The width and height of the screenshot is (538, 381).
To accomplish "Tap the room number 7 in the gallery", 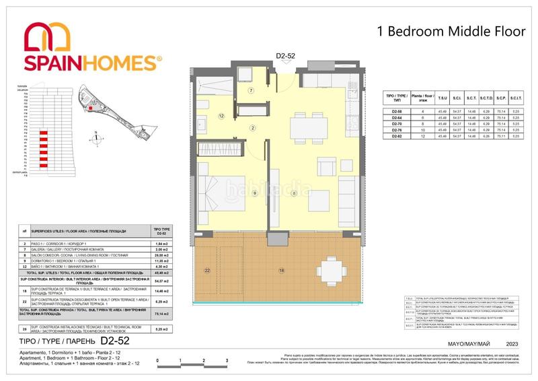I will [x=251, y=90].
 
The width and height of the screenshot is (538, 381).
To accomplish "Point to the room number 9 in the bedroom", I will [x=254, y=194].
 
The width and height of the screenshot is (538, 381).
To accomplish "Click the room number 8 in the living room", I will [x=294, y=194].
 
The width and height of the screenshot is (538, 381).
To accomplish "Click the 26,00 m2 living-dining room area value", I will [x=161, y=255].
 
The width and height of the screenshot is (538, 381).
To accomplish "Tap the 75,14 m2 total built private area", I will [x=161, y=313].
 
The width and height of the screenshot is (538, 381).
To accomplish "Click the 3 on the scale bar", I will [x=227, y=361].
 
